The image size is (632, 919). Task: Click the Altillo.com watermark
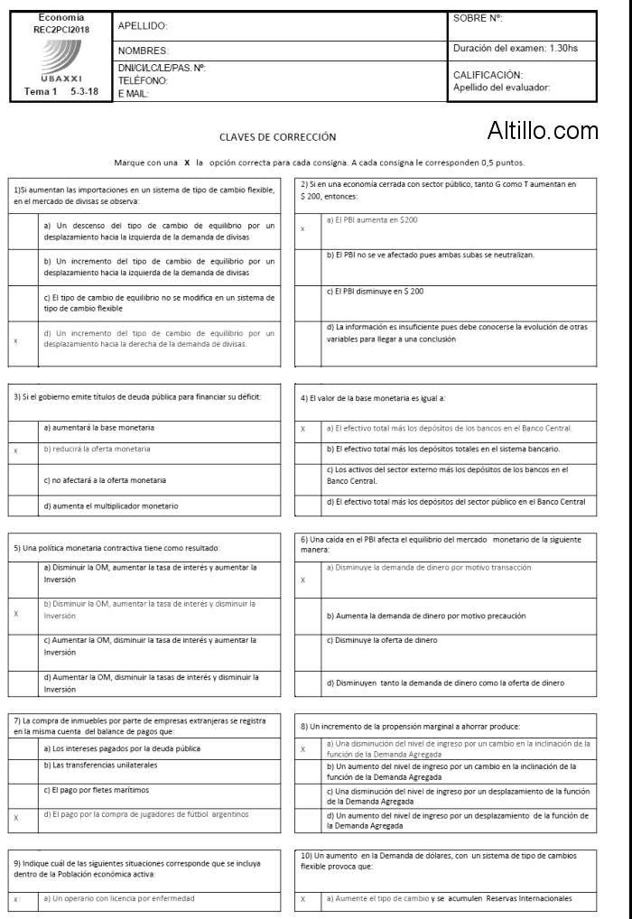click(542, 132)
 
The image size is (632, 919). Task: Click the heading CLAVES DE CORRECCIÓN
click(278, 137)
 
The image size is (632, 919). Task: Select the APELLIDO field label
click(143, 26)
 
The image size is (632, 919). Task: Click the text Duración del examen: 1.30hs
click(515, 48)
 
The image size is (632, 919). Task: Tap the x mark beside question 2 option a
click(302, 228)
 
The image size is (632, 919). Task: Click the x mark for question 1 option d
click(15, 340)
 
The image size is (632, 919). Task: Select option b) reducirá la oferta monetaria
click(98, 449)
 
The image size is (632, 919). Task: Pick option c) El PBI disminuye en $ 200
click(375, 291)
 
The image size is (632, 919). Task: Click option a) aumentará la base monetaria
click(99, 427)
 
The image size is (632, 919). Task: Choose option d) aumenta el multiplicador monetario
click(111, 506)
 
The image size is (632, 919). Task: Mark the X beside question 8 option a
click(302, 749)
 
